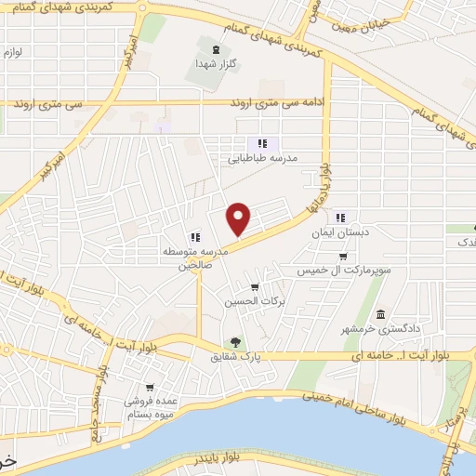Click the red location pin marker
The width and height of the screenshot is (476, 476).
click(239, 218)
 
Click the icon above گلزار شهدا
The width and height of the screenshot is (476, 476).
click(217, 49)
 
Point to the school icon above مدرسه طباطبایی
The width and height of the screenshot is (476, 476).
click(262, 143)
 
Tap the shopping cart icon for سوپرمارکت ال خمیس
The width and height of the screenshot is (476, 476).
click(343, 257)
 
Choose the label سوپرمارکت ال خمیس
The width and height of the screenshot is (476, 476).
click(339, 271)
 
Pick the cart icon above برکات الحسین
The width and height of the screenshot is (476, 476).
click(254, 286)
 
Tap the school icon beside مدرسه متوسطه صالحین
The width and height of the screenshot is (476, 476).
click(195, 236)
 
